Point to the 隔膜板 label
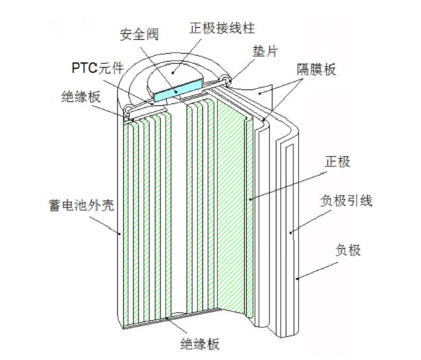point(312,69)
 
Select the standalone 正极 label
point(335,162)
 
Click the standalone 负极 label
point(349,250)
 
